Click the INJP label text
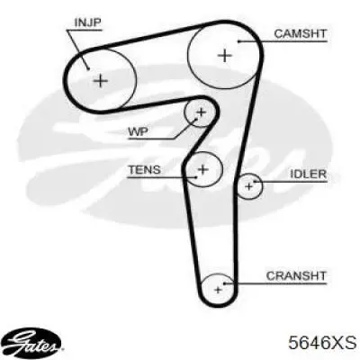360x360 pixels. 87,22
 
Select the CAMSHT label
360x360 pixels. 300,33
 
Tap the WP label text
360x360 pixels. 138,131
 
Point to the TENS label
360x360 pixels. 145,170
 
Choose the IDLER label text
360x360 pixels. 308,174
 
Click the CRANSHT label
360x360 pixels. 296,275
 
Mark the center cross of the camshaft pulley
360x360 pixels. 225,56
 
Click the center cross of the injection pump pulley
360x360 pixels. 101,80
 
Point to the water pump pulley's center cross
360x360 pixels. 201,112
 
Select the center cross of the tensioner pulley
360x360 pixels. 203,169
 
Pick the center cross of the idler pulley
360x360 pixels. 248,186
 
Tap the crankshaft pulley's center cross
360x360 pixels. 218,290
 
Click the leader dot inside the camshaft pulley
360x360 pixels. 238,41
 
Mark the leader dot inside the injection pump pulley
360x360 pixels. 88,69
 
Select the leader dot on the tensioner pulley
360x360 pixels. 196,177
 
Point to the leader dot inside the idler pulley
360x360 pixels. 255,181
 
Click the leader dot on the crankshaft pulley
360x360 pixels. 224,283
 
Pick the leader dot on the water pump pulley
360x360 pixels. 197,119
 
